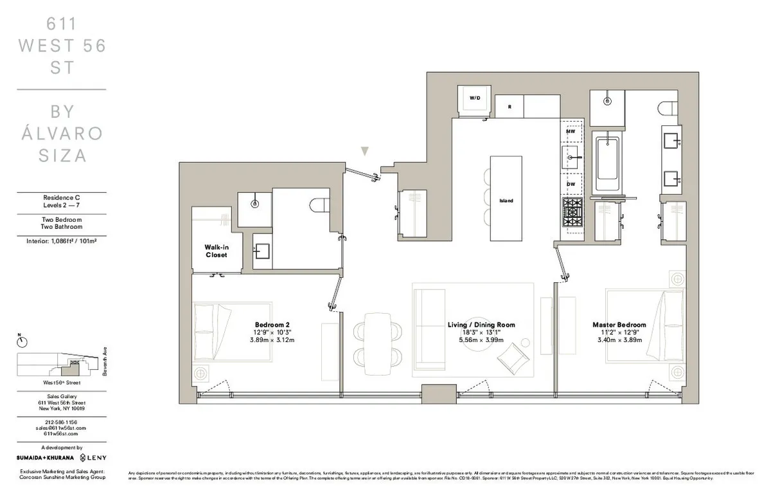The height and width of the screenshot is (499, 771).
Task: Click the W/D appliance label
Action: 475,98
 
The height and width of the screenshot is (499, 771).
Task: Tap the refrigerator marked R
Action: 509,106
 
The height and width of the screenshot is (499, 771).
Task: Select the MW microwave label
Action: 570,131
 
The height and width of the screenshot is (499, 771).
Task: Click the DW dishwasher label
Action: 570,184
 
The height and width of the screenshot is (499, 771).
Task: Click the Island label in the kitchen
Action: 506,201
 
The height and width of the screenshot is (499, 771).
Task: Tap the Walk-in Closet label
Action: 217,251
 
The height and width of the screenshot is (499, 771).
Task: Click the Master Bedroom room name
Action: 619,325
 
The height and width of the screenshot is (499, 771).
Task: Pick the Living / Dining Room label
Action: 481,325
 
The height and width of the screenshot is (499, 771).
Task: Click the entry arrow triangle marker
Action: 365,152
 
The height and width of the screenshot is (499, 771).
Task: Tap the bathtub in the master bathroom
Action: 607,165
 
